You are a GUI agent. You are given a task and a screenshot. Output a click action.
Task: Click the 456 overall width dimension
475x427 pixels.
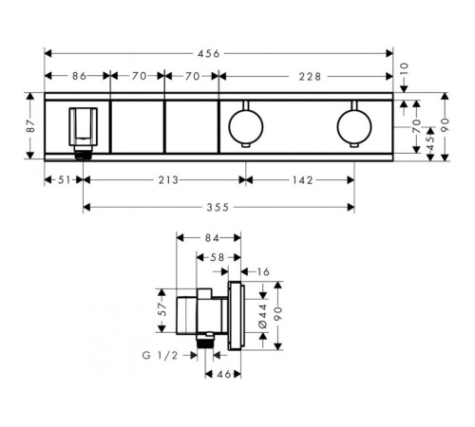pos(209,54)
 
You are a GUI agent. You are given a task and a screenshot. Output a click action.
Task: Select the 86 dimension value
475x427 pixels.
pos(79,76)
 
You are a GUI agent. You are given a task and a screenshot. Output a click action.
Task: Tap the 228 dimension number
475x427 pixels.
pos(310,77)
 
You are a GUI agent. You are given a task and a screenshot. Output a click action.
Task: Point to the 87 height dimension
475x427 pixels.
pos(30,125)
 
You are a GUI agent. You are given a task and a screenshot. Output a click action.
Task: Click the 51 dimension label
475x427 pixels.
pos(65,180)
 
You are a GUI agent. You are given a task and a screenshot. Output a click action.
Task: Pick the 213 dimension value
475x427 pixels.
pos(168,180)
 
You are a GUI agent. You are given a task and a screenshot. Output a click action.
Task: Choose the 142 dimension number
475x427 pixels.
pos(302,180)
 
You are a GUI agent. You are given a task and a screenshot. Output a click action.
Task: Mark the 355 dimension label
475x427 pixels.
pos(218,208)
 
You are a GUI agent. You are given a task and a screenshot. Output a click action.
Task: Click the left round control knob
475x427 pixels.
pos(246,125)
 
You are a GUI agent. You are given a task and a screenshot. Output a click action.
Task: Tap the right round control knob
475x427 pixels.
pos(354,125)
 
